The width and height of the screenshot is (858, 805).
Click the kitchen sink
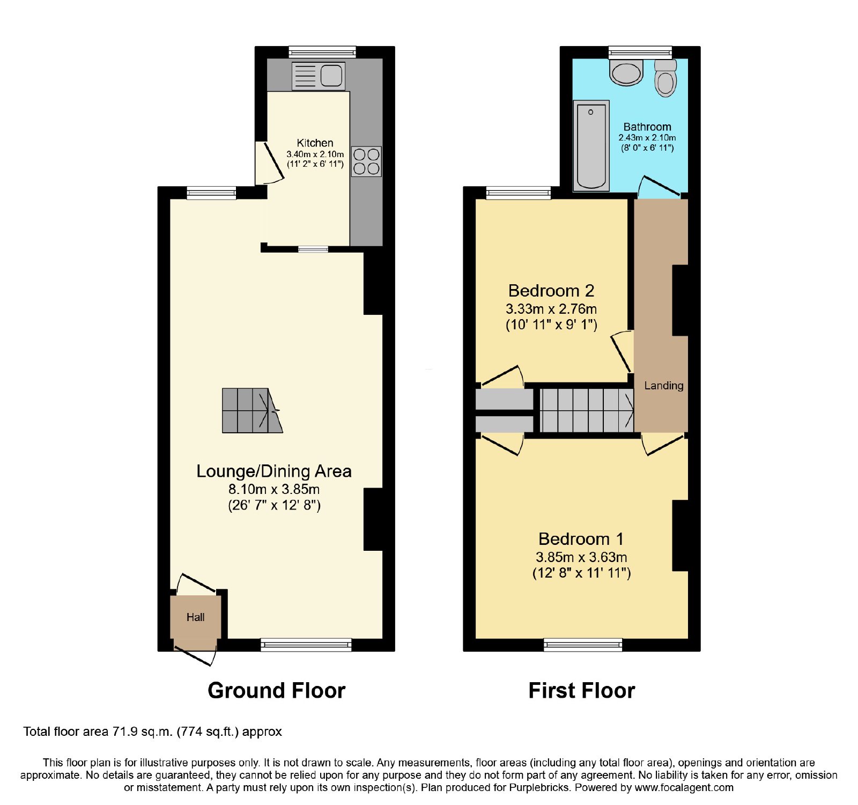tap(318, 76)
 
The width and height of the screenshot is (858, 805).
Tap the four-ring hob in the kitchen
tap(366, 161)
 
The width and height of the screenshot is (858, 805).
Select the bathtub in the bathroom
tap(591, 145)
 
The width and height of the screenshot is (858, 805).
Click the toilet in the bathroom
tap(665, 78)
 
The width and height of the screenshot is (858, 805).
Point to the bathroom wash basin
tap(626, 72)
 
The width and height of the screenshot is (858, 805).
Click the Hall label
tap(195, 617)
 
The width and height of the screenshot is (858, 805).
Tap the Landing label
tap(664, 386)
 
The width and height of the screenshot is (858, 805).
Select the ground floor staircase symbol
tap(253, 410)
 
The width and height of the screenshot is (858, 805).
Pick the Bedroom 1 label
tap(581, 538)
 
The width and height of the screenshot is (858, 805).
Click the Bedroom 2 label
tap(551, 291)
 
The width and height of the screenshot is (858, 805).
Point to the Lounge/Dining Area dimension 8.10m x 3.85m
tap(274, 489)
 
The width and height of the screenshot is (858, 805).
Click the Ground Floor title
tap(276, 690)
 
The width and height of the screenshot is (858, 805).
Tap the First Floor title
tap(582, 690)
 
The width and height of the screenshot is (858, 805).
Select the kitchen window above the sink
tap(322, 52)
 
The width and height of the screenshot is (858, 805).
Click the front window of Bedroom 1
tap(583, 645)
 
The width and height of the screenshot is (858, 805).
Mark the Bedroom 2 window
tap(519, 193)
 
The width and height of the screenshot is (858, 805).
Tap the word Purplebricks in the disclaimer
tap(542, 788)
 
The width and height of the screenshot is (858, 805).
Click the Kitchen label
tap(315, 143)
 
